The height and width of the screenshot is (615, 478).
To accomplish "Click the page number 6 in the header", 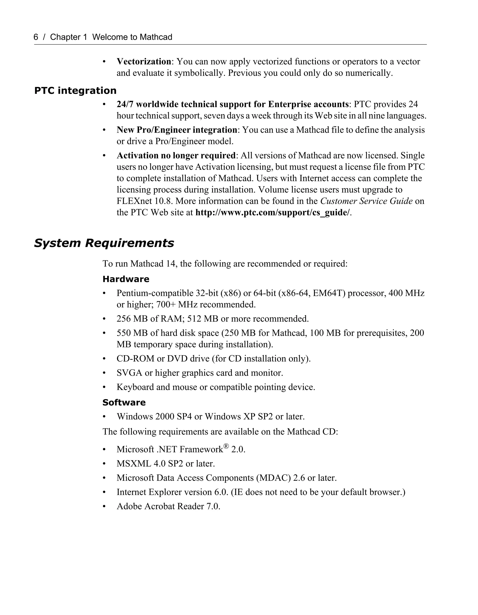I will coord(36,37).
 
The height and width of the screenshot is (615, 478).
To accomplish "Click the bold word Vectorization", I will coord(144,61).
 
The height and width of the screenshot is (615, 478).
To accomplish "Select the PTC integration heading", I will coord(75,91).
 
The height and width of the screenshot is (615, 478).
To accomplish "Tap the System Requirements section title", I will coord(104,243).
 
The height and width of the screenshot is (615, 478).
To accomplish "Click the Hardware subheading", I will coord(126,279).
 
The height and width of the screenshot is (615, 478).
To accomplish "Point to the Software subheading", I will coord(124,402).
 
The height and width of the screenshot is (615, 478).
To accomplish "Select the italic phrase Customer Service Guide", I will coord(366,201).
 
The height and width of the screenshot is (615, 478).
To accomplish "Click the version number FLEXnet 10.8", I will coord(145,201).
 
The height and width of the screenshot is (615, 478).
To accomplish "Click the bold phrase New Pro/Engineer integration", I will coord(177,130).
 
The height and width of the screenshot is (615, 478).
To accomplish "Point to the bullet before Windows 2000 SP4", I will coord(104,416).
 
